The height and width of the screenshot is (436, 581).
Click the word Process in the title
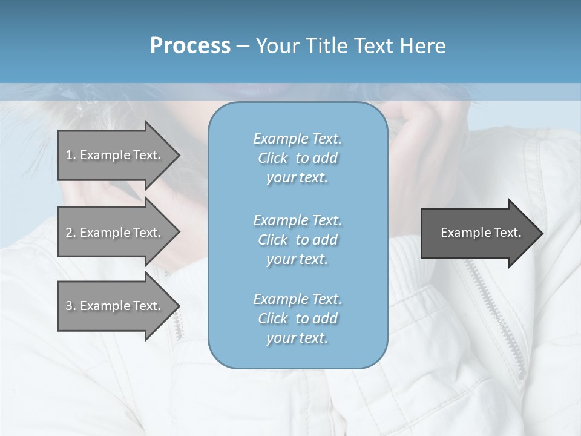coord(190,46)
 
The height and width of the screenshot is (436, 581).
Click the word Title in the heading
coord(328,46)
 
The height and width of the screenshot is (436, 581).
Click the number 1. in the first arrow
coord(70,155)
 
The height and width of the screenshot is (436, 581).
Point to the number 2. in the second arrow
coord(70,233)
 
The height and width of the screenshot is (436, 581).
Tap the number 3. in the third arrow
coord(70,306)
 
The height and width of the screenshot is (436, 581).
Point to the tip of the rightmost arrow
coord(540,233)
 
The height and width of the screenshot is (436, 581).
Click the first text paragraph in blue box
coord(297,158)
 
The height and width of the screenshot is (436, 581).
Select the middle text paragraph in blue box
coord(297,240)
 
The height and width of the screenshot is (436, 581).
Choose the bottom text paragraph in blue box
coord(297,319)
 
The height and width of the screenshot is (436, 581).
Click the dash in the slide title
coord(243,46)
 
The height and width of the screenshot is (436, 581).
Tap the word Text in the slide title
coord(374,46)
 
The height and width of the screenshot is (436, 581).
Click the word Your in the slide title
coord(277,46)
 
